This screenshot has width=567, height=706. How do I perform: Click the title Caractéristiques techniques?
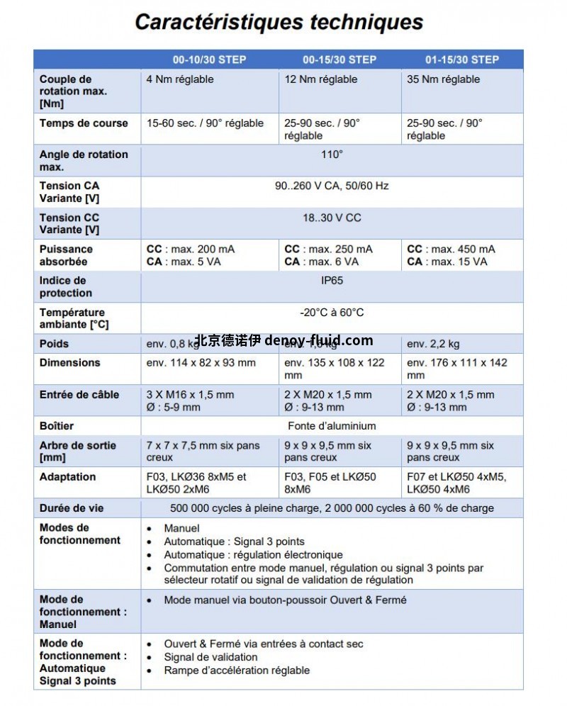[279, 22]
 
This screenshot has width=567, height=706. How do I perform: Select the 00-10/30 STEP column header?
[210, 60]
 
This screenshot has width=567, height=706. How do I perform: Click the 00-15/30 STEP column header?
[339, 60]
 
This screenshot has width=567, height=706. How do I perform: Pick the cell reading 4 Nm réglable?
[179, 79]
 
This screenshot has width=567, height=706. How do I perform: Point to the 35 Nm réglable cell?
[443, 79]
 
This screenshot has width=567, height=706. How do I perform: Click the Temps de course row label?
[84, 123]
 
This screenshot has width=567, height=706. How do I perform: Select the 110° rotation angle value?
[332, 155]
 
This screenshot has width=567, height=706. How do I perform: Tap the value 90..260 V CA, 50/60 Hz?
[332, 186]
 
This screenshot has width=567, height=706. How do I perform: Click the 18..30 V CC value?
[332, 218]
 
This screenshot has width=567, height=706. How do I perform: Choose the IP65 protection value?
[332, 281]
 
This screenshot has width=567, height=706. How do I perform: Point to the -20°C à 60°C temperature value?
[332, 313]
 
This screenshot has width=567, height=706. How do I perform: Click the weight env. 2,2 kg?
[433, 344]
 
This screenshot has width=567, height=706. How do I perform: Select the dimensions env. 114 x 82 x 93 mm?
[201, 363]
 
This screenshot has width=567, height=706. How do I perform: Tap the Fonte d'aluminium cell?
[332, 426]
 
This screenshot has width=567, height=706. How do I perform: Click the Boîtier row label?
[57, 426]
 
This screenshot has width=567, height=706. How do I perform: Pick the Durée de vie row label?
[72, 508]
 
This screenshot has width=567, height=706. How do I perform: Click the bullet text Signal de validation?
[210, 657]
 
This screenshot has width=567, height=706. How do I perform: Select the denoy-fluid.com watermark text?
[318, 340]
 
